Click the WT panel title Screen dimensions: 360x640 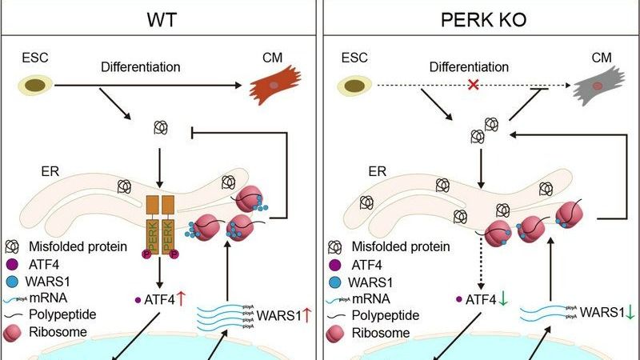161,18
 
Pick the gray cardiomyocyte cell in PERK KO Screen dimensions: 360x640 598,87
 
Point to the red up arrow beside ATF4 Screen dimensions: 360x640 182,300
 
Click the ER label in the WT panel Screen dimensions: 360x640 32,170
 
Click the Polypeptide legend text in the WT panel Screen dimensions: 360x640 60,316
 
